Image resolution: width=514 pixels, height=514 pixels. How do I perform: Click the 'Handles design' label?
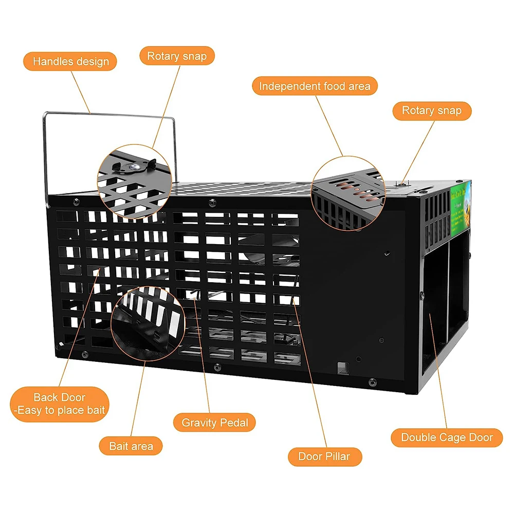coord(70,62)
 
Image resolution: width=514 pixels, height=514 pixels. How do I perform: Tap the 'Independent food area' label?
coord(315,86)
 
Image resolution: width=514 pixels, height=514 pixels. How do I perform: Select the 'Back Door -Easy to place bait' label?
coord(60,403)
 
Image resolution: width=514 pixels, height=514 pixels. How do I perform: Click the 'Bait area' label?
coord(132,446)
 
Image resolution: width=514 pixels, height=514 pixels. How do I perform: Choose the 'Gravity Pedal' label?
coord(215,423)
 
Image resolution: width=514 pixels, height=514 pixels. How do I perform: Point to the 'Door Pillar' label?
coord(324,456)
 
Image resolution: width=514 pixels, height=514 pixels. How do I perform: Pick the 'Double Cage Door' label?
coord(446,438)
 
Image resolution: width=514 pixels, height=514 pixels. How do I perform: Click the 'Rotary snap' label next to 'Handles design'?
coord(177,56)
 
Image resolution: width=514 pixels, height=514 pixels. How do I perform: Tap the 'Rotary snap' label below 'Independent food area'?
coord(432,111)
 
